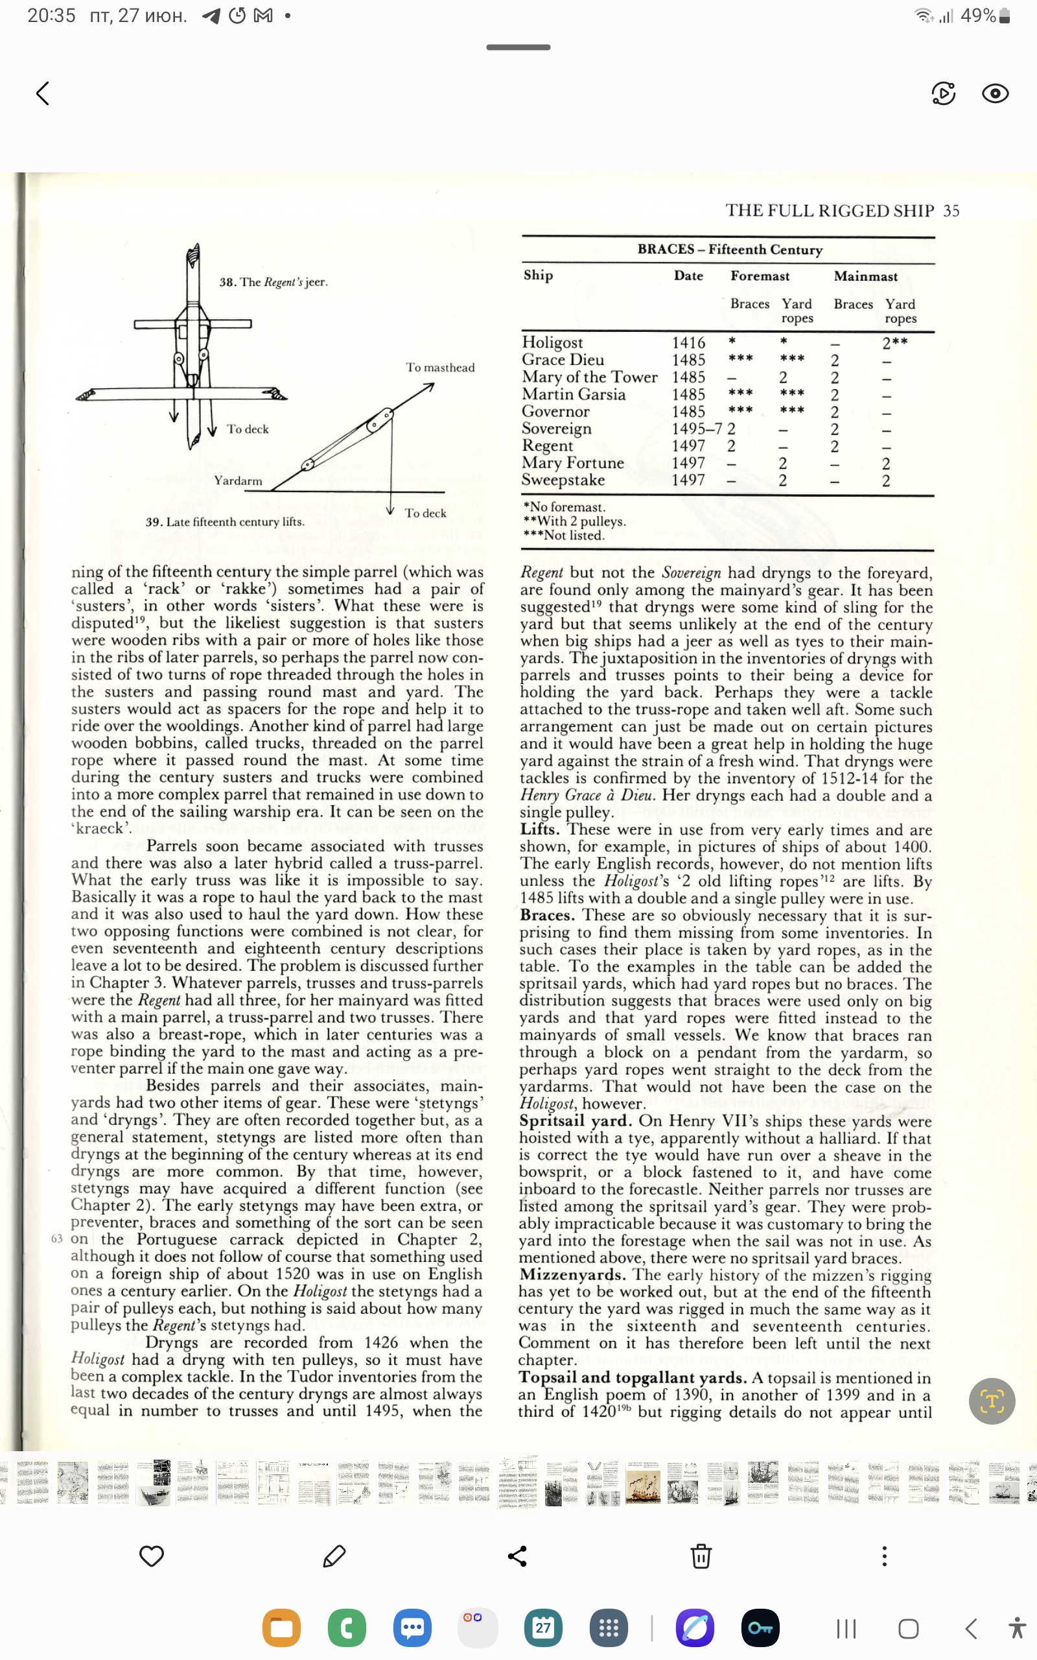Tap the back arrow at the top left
pos(43,93)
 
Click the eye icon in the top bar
pos(994,93)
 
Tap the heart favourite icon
pos(151,1556)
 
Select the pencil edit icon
pos(334,1556)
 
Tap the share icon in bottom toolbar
pos(517,1556)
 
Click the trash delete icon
pos(700,1556)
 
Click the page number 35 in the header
pos(951,211)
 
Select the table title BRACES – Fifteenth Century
pos(729,250)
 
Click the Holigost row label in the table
pos(552,342)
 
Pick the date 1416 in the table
pos(688,342)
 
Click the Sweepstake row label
pos(563,480)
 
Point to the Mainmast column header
pos(865,276)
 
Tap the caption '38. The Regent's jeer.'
pos(273,282)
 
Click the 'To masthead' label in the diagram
pos(439,368)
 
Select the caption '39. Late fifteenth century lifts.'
pos(224,522)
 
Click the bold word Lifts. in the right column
pos(539,829)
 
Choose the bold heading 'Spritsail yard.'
pos(575,1121)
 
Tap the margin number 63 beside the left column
pos(57,1239)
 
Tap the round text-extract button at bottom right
pos(991,1401)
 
